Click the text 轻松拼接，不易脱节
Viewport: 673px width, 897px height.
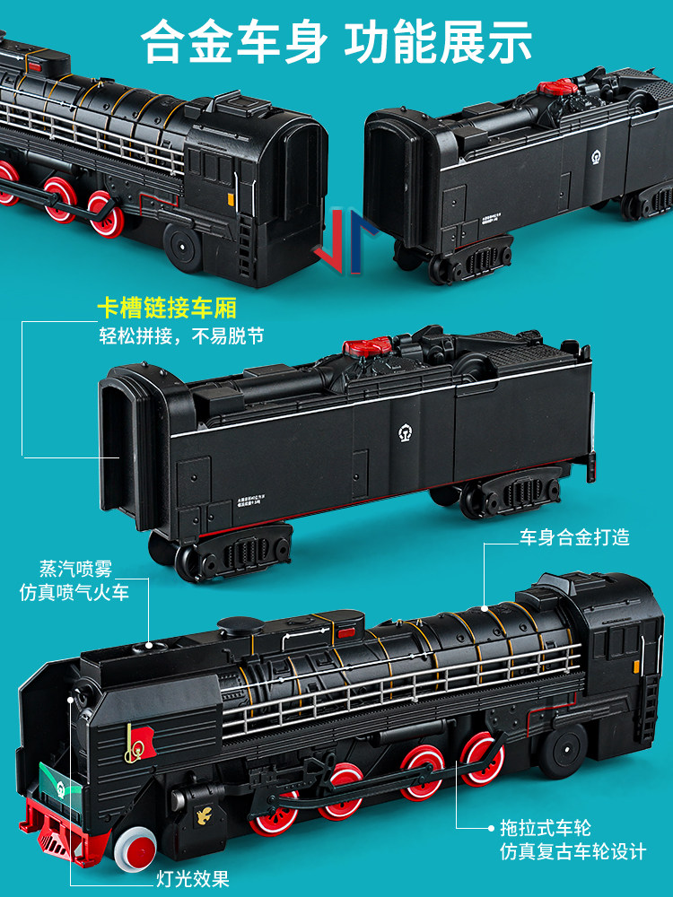181,338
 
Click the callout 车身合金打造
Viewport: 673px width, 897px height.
575,537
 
